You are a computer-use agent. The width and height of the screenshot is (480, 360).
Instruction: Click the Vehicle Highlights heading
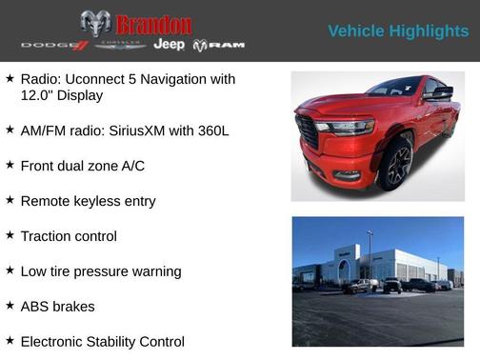[x=398, y=31]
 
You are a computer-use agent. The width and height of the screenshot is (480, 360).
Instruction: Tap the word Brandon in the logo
[x=153, y=24]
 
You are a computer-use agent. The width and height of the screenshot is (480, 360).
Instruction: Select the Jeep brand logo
[x=170, y=45]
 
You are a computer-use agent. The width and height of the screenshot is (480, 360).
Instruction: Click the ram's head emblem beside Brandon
[x=95, y=24]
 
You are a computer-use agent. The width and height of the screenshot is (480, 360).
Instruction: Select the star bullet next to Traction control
[x=10, y=234]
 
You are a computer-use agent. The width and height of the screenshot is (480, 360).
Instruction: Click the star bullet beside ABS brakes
[x=10, y=305]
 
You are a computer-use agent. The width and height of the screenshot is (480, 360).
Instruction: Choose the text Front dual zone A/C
[x=82, y=166]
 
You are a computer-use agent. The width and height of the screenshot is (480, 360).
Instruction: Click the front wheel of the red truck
[x=395, y=165]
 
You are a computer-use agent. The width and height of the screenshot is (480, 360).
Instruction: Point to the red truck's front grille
[x=308, y=131]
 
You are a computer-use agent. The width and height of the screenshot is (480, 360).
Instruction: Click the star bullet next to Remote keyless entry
[x=10, y=199]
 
